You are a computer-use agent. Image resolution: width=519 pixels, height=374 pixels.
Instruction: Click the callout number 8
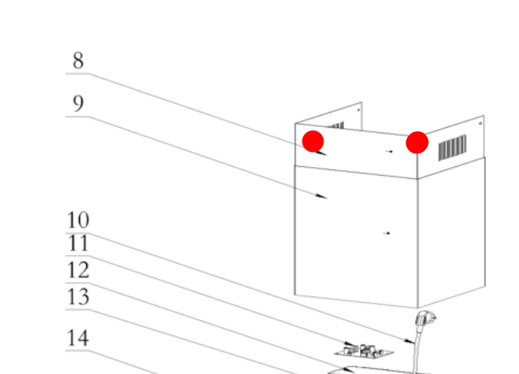click(x=78, y=61)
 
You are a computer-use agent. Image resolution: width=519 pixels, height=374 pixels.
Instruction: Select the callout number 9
click(x=78, y=103)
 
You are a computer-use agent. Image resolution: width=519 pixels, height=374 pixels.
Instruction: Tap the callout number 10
click(x=78, y=220)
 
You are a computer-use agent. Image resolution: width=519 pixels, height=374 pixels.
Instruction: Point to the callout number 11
click(x=78, y=244)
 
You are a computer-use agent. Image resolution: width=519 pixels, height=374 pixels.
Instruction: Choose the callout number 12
click(x=78, y=270)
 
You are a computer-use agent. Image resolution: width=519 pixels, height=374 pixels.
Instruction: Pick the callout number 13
click(x=78, y=296)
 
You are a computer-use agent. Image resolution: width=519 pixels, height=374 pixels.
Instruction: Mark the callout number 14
click(x=78, y=338)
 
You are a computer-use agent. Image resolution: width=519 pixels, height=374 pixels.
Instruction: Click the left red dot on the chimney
click(x=313, y=141)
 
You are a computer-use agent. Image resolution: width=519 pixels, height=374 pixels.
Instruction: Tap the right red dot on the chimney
click(x=417, y=142)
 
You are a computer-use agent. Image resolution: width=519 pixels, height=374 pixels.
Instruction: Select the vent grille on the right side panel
click(x=453, y=148)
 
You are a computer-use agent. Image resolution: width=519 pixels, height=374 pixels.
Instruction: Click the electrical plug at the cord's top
click(x=425, y=319)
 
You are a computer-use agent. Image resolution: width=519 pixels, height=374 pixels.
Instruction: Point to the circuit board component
click(x=363, y=351)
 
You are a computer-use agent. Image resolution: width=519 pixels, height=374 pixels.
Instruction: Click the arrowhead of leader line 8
click(x=321, y=153)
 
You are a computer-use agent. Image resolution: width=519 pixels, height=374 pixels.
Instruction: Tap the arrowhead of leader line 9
click(x=321, y=197)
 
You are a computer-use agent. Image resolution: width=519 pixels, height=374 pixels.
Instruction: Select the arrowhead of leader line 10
click(x=409, y=341)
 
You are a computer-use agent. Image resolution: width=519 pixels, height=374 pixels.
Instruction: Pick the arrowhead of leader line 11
click(x=350, y=344)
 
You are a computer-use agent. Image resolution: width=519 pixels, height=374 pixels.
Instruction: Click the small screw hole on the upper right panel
click(x=480, y=124)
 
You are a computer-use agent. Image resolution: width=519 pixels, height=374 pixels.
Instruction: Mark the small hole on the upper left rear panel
click(x=359, y=109)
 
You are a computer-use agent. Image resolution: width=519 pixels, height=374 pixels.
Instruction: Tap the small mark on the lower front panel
click(x=387, y=233)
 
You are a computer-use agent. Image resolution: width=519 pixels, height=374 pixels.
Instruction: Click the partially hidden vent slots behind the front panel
click(x=335, y=126)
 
